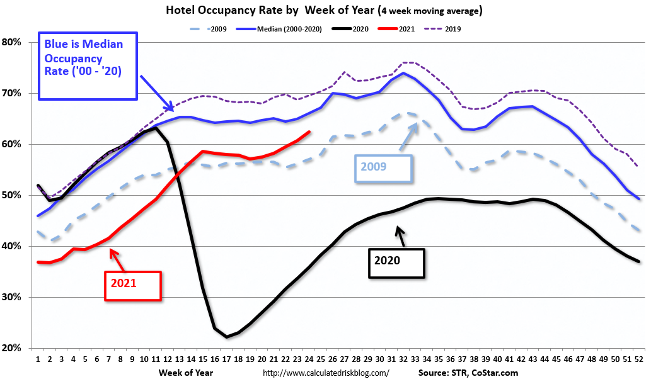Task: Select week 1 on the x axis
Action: point(38,359)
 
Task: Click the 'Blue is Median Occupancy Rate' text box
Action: point(88,66)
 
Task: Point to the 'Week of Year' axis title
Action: point(186,373)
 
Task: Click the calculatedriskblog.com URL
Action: point(325,373)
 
